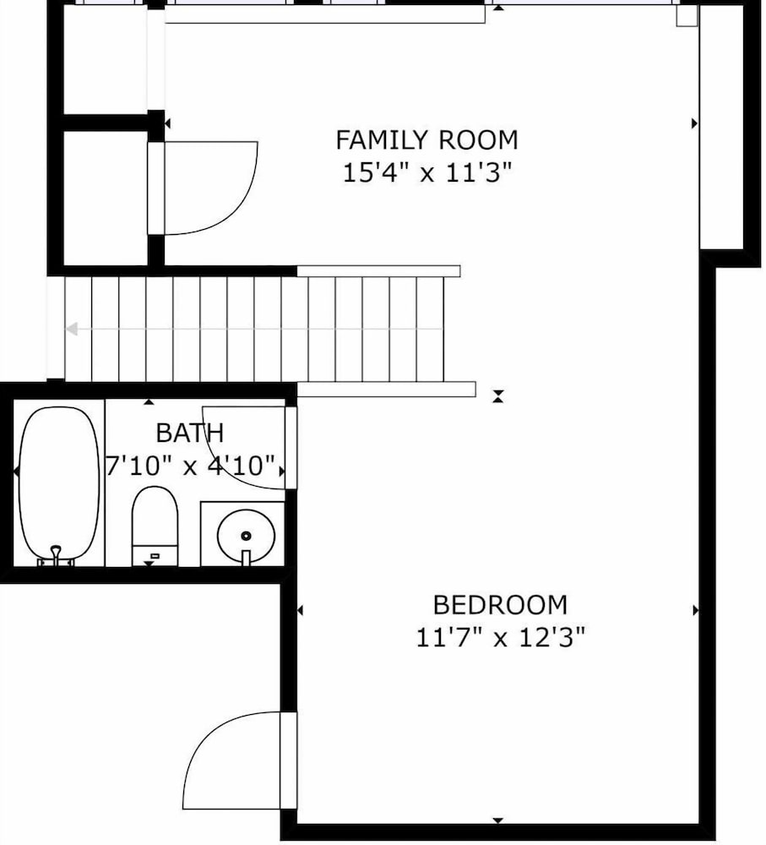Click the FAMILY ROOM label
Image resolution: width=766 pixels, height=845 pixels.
(x=426, y=140)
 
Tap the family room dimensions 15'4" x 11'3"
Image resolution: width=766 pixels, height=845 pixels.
(x=426, y=173)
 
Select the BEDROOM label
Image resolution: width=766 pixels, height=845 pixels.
(x=500, y=605)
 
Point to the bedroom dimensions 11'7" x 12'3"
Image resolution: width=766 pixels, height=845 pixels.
(x=500, y=638)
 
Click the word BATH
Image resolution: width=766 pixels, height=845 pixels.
(x=190, y=433)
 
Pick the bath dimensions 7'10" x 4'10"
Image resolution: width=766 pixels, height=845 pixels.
(x=190, y=466)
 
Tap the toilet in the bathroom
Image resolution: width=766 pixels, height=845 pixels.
(x=155, y=526)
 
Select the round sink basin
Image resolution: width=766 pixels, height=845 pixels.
(x=246, y=536)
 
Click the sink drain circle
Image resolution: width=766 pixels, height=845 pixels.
(x=246, y=536)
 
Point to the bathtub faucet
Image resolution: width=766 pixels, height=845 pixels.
(x=56, y=556)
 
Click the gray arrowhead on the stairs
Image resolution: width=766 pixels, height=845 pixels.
(x=72, y=329)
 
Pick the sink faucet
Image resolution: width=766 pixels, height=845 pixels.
(x=246, y=558)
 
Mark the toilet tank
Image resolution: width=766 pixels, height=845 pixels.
(x=155, y=556)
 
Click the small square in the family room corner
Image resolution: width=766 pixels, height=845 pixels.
(x=687, y=16)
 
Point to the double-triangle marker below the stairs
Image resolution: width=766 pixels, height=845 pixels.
(x=498, y=396)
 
